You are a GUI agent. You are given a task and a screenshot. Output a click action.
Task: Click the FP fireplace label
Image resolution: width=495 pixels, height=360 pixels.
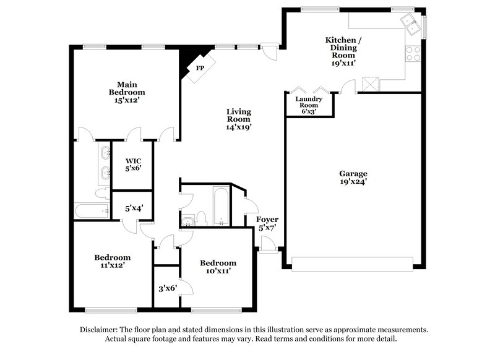(200, 68)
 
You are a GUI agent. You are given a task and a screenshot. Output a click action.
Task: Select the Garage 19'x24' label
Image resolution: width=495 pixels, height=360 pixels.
(353, 178)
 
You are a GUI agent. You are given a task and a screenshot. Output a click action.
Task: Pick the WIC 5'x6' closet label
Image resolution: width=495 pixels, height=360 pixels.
(134, 165)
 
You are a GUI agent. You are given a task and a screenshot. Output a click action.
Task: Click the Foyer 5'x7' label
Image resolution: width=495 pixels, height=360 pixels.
(268, 223)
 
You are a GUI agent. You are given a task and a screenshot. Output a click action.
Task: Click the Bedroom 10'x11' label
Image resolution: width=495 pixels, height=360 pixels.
(218, 267)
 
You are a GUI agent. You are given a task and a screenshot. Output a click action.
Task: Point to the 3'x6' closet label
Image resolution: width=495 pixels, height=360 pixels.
(166, 288)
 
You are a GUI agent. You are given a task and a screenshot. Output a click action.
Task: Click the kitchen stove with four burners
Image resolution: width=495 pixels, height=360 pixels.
(413, 54)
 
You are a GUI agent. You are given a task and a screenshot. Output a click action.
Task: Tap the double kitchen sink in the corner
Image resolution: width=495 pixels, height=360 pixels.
(410, 24)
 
